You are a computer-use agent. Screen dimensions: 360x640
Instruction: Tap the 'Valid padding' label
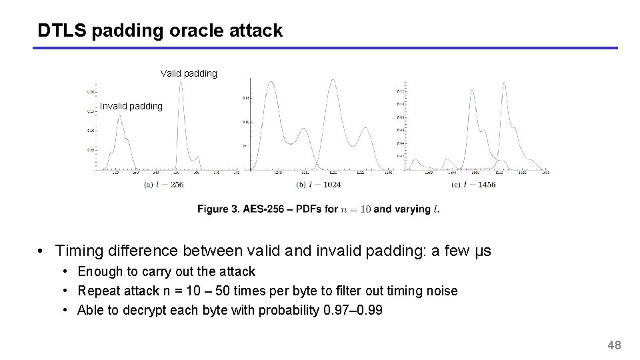pos(189,73)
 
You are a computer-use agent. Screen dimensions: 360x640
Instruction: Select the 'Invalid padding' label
pos(131,106)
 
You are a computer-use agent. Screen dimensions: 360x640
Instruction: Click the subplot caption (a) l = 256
pos(163,185)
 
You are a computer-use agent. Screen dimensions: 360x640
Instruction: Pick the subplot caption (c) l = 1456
pos(473,185)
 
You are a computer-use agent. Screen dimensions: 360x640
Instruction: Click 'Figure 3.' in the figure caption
pos(218,209)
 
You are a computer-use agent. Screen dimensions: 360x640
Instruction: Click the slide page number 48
pos(614,345)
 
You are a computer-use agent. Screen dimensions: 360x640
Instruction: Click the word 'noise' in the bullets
pos(441,291)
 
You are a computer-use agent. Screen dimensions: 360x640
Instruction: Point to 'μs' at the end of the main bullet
pos(482,251)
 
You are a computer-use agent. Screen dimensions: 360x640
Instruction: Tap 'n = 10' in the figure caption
pos(355,209)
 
